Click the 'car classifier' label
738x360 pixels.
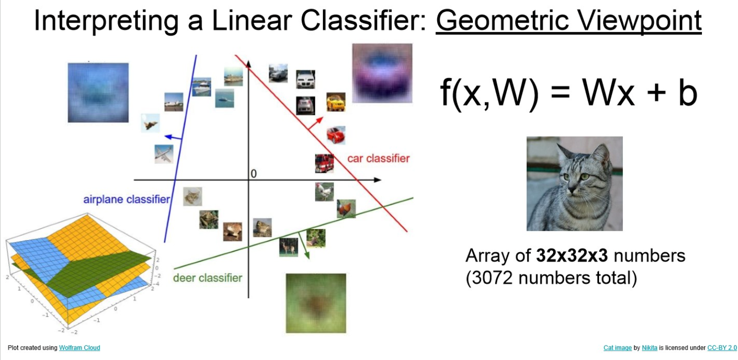378,158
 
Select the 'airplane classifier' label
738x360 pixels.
127,199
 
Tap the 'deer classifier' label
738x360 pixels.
208,278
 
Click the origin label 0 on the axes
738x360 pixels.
253,174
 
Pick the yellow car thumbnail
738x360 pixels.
336,102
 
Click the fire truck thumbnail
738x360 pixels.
324,163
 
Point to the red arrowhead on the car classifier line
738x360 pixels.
320,120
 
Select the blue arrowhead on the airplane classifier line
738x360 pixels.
168,136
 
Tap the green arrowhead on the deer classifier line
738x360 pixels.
307,255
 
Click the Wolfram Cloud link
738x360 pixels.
80,348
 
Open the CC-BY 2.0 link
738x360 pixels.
722,348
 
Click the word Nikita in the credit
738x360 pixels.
649,348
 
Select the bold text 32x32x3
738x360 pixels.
572,256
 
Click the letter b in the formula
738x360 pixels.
688,93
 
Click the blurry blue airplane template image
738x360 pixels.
98,92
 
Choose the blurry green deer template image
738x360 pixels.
316,303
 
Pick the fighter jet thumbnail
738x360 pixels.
150,123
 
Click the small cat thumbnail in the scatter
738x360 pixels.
193,197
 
